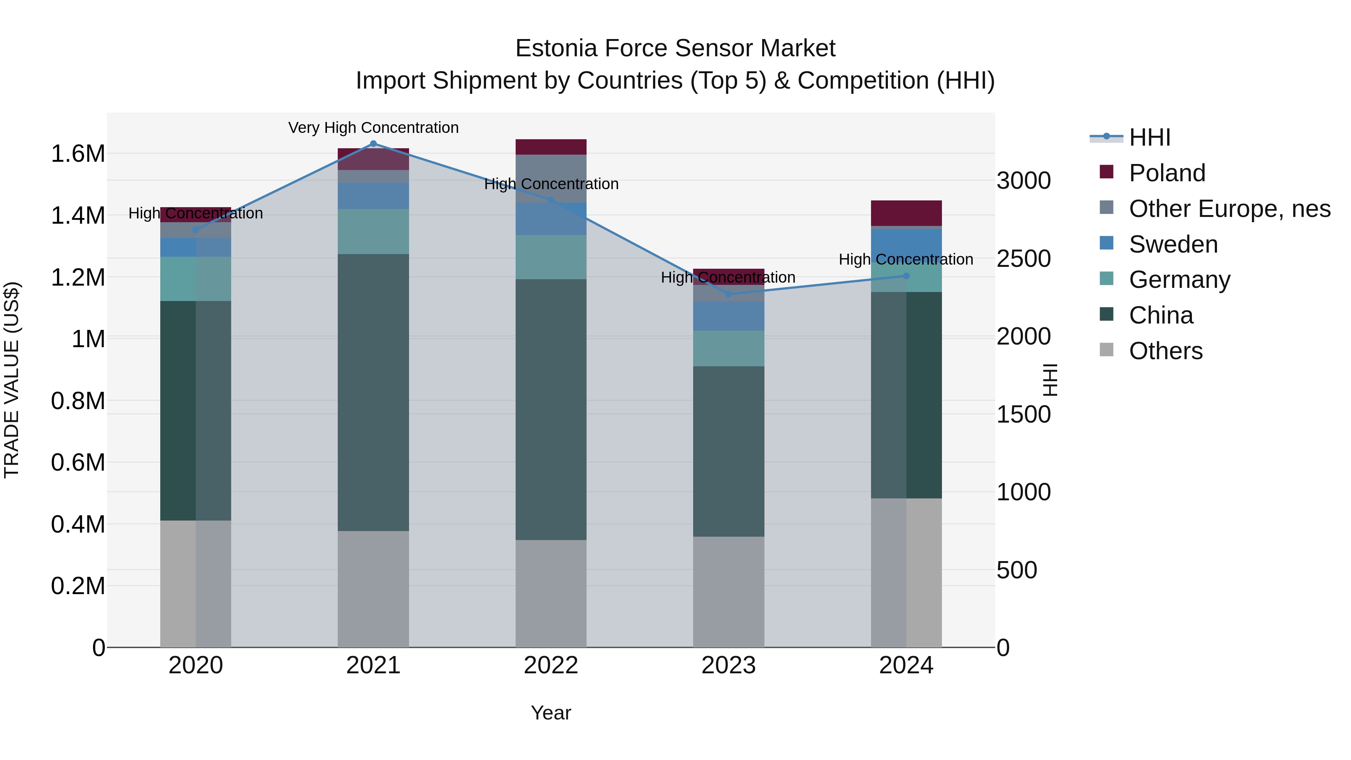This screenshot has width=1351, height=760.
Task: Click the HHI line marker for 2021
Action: [373, 143]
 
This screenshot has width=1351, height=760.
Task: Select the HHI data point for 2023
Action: [728, 294]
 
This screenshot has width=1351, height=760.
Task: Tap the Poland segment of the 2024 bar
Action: [906, 213]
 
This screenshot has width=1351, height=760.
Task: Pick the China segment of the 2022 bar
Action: [551, 409]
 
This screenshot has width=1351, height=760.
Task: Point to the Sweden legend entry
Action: [1173, 244]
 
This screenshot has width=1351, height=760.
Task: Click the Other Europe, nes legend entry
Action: [1229, 209]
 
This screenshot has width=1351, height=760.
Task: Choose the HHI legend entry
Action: [1149, 137]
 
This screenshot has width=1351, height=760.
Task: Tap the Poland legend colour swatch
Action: [1107, 172]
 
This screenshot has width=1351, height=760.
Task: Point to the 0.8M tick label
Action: [78, 401]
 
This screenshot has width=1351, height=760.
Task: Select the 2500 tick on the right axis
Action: [1024, 259]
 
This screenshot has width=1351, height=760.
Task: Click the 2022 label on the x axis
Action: [551, 665]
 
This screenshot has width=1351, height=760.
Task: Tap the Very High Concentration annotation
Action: [373, 128]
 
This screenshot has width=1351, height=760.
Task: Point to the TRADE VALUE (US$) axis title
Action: [12, 380]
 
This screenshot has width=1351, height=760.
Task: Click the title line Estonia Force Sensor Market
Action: [675, 48]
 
